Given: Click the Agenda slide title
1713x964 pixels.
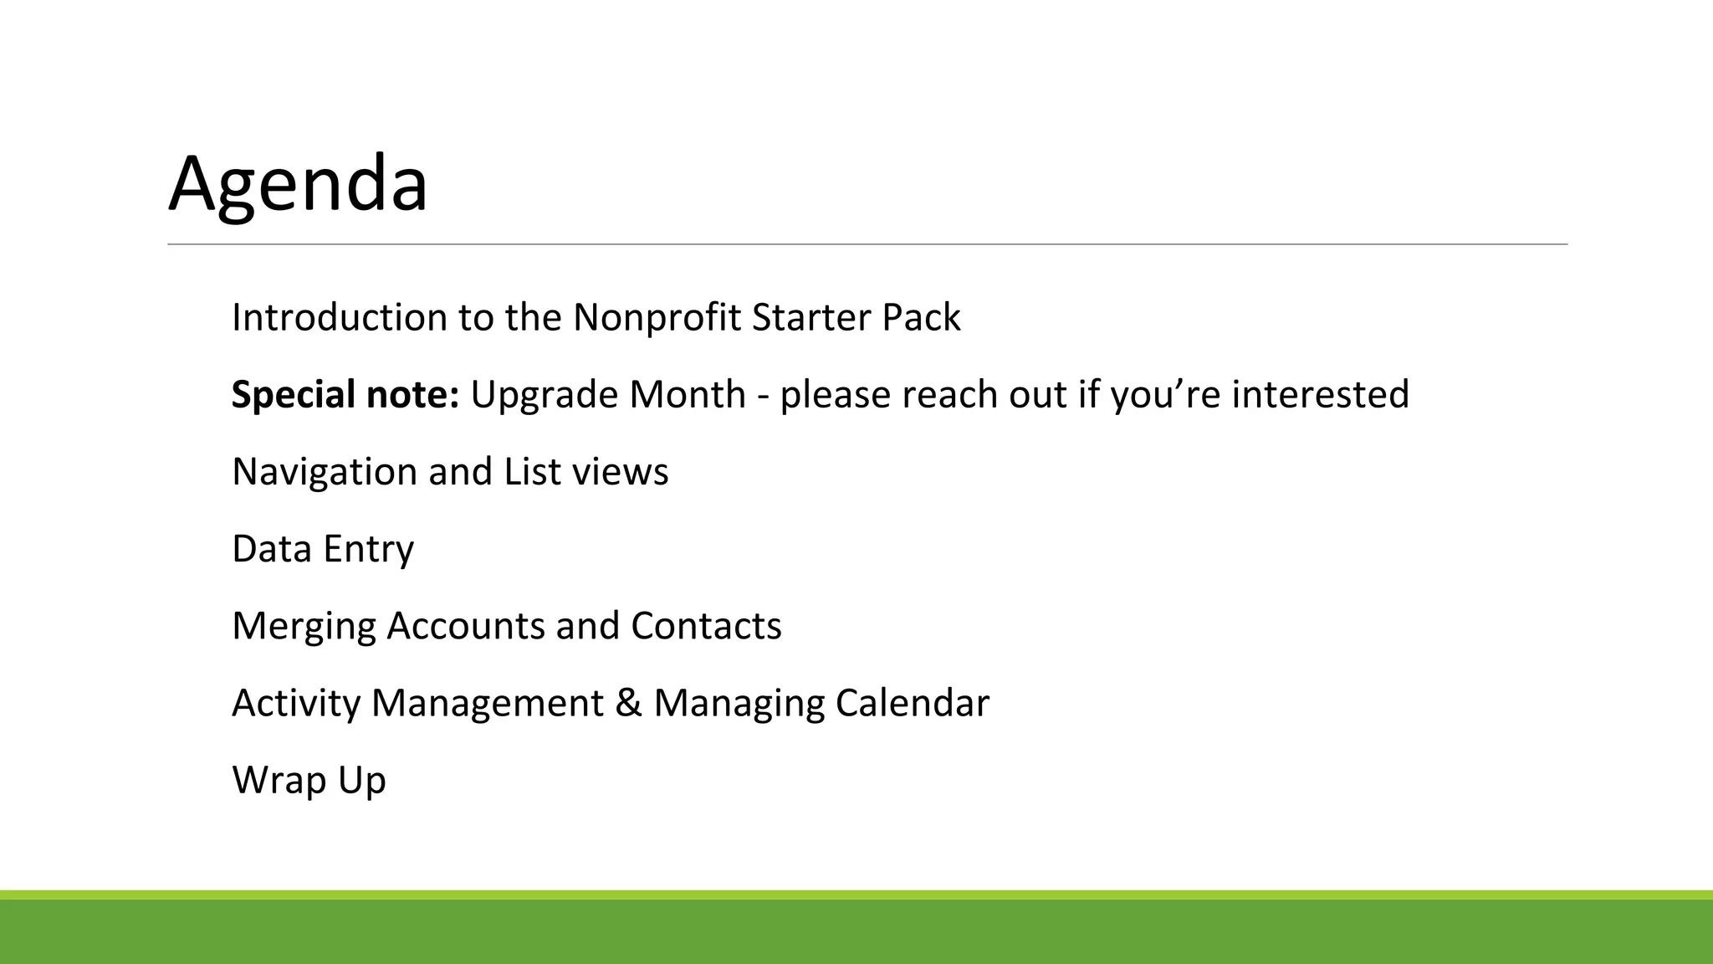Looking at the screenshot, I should pyautogui.click(x=298, y=184).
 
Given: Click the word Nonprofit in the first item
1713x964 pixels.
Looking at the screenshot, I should pyautogui.click(x=657, y=318).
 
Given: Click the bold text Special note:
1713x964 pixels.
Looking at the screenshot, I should pyautogui.click(x=345, y=395).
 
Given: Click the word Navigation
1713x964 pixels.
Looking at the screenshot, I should pyautogui.click(x=325, y=472).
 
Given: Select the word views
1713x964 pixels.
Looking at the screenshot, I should pyautogui.click(x=620, y=472).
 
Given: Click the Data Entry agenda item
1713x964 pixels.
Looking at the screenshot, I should pyautogui.click(x=323, y=549).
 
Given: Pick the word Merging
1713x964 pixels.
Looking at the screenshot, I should pyautogui.click(x=304, y=626).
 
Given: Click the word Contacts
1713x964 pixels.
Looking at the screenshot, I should pyautogui.click(x=706, y=626).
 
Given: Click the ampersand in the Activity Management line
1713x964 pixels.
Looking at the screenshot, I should pyautogui.click(x=628, y=703).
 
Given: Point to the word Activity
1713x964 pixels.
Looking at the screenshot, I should pyautogui.click(x=296, y=703).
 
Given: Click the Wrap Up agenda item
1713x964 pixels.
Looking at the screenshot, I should pyautogui.click(x=309, y=780).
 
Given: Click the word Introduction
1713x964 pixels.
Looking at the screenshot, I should pyautogui.click(x=339, y=318).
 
